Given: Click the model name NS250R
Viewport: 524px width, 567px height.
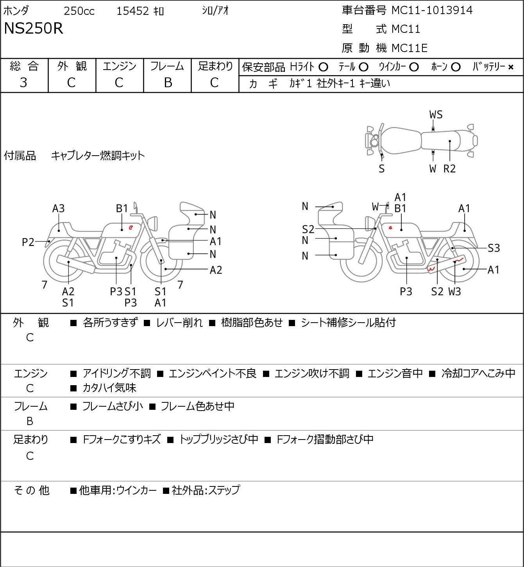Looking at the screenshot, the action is (x=33, y=28).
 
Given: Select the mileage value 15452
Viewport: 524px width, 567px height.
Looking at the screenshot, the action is (x=133, y=11).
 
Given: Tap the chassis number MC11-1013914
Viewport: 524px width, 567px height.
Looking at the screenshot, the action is (x=432, y=10).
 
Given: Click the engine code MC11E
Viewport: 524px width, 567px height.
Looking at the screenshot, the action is (x=410, y=48).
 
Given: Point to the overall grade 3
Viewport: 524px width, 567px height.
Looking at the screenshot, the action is (x=23, y=83).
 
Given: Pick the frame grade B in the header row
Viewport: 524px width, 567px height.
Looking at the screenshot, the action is (x=168, y=83).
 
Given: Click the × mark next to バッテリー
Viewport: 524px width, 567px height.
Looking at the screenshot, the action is (x=511, y=67).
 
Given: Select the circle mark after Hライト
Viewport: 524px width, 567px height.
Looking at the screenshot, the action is (x=323, y=67).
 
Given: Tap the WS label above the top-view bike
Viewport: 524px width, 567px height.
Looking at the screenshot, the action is (x=436, y=115).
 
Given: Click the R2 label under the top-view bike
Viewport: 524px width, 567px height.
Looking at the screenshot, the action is (x=449, y=169).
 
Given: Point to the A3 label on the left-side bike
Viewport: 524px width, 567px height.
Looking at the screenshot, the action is (x=59, y=208).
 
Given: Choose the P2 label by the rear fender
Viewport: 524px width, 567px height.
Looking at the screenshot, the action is (x=28, y=242).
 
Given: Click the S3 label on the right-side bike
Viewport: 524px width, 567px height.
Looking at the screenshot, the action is (x=494, y=248).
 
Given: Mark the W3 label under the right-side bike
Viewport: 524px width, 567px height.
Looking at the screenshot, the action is (x=455, y=291).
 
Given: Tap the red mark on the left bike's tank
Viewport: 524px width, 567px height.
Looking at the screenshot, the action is (x=131, y=227).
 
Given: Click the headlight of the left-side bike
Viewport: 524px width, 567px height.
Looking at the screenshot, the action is (x=153, y=223).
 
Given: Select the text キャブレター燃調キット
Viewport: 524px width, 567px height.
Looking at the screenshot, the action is (x=98, y=156).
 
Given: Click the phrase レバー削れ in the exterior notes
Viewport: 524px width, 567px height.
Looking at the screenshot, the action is (x=179, y=323).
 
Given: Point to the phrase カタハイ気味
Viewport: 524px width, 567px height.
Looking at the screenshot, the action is (x=109, y=388).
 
